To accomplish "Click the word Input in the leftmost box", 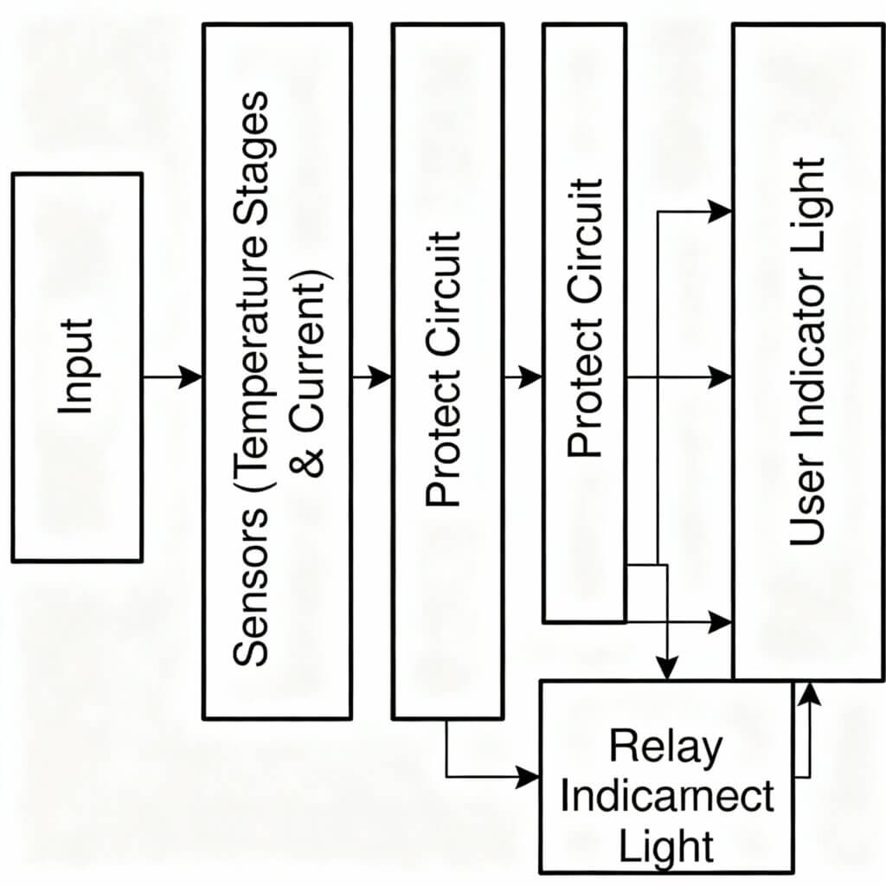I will coord(77,367).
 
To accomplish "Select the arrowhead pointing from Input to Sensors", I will coord(190,377).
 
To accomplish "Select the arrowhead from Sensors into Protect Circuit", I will coord(380,377).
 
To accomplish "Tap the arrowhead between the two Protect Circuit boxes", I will coord(530,377).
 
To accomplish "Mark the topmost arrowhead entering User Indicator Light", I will coord(720,210).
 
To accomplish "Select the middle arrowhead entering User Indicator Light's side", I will coord(720,377).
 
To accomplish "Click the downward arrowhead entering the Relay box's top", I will coord(666,668).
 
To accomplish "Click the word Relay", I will coord(664,747).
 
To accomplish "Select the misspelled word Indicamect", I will coord(666,796).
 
